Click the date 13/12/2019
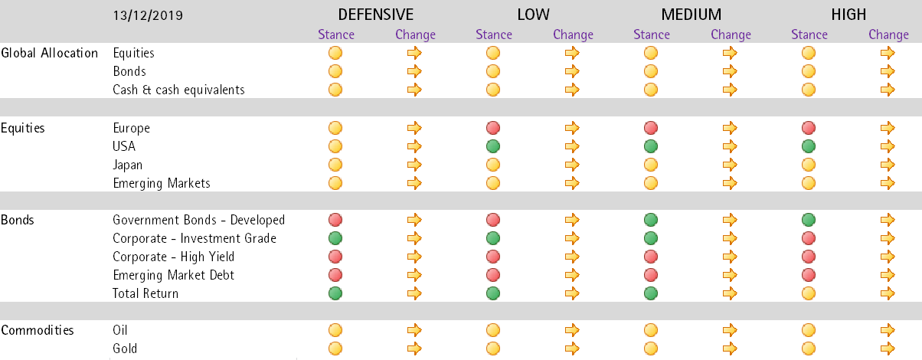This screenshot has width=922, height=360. pyautogui.click(x=148, y=15)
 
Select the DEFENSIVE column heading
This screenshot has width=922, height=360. pyautogui.click(x=375, y=15)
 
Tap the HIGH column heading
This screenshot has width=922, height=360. pyautogui.click(x=848, y=15)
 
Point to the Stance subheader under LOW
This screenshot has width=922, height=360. pyautogui.click(x=494, y=34)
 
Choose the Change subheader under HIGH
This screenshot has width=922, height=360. pyautogui.click(x=888, y=34)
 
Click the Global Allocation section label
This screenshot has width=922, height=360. pyautogui.click(x=50, y=53)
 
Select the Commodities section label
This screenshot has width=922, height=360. pyautogui.click(x=38, y=330)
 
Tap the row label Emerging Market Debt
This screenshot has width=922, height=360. pyautogui.click(x=173, y=275)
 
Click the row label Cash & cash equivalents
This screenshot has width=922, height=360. pyautogui.click(x=178, y=90)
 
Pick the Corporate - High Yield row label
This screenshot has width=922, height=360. pyautogui.click(x=173, y=257)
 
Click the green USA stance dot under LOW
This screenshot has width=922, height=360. pyautogui.click(x=493, y=146)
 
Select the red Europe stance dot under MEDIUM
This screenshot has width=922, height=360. pyautogui.click(x=651, y=128)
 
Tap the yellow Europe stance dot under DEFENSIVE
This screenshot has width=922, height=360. pyautogui.click(x=335, y=128)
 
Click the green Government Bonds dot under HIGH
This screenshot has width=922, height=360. pyautogui.click(x=809, y=220)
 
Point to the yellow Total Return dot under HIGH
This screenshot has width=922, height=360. pyautogui.click(x=809, y=293)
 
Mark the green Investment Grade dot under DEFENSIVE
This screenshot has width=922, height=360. pyautogui.click(x=335, y=238)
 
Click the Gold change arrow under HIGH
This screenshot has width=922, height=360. pyautogui.click(x=888, y=349)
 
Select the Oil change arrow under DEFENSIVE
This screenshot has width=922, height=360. pyautogui.click(x=414, y=330)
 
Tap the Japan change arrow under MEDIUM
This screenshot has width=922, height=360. pyautogui.click(x=730, y=165)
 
